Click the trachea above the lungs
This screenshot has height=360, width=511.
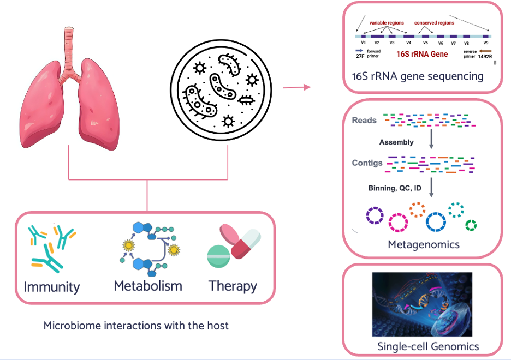(69, 52)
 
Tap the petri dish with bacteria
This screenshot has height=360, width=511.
(221, 90)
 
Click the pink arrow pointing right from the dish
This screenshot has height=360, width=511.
(296, 87)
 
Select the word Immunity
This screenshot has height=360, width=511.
(52, 287)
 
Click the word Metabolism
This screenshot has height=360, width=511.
(148, 286)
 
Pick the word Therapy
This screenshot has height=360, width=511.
(233, 286)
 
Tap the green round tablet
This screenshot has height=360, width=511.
(218, 256)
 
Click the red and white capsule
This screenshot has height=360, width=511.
(246, 244)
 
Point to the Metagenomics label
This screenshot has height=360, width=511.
(424, 244)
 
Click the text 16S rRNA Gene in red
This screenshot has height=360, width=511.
(422, 54)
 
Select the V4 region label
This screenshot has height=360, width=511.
(409, 43)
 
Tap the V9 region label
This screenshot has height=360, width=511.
(486, 43)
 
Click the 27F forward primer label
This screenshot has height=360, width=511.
(360, 56)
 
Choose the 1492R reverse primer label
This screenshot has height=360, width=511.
(485, 56)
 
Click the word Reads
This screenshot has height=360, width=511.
(364, 121)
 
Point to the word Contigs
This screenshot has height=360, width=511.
(367, 163)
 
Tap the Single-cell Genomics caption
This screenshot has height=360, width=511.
(428, 346)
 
